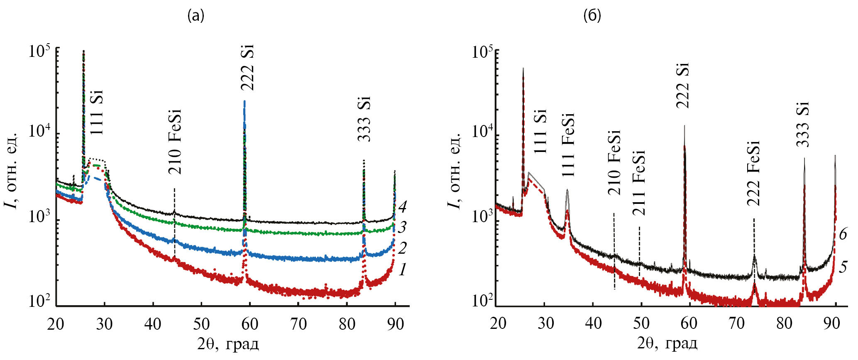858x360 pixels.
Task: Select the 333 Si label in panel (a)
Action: [x=364, y=119]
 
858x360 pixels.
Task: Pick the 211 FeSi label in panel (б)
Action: [x=638, y=183]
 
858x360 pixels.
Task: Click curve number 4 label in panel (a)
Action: [x=402, y=206]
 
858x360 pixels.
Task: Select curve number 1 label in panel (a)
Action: [x=402, y=271]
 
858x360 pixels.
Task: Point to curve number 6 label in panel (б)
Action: [x=843, y=234]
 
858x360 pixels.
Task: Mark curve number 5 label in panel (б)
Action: [x=843, y=267]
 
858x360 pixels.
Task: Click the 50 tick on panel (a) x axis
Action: [x=201, y=324]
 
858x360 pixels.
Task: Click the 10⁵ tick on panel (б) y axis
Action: [x=482, y=53]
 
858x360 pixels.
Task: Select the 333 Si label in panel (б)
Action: [x=803, y=124]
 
